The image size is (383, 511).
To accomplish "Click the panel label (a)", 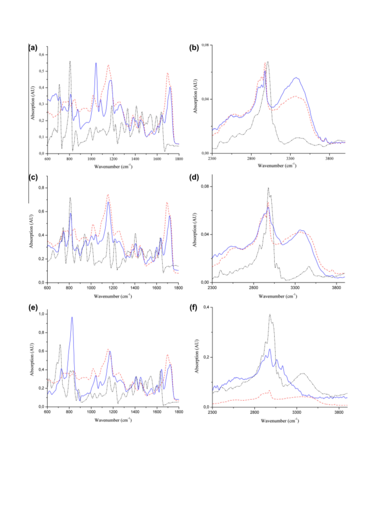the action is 33,47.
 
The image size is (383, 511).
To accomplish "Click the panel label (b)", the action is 194,47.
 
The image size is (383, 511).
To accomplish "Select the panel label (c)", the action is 33,177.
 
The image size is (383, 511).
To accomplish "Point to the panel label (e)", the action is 33,307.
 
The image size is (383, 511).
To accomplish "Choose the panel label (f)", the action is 194,307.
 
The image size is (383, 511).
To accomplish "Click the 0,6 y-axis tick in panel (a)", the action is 42,55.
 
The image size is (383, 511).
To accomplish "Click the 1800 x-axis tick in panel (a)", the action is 179,159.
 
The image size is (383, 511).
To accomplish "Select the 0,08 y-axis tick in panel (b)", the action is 205,45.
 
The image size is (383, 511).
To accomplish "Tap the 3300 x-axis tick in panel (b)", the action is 290,159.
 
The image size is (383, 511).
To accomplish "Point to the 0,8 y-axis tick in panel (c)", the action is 42,188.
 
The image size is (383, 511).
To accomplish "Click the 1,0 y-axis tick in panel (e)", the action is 42,314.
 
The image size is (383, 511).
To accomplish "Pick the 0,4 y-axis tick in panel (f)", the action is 206,307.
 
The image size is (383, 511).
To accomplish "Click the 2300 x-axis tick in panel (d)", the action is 212,288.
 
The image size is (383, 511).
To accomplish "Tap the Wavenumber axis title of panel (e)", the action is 113,420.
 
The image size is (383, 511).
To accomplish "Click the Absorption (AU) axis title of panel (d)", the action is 195,230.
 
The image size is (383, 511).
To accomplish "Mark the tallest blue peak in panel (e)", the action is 72,318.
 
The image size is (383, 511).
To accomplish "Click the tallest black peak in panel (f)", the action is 270,315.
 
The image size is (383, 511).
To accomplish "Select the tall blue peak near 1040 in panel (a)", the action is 96,63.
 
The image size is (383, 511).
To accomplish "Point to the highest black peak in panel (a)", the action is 70,61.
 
